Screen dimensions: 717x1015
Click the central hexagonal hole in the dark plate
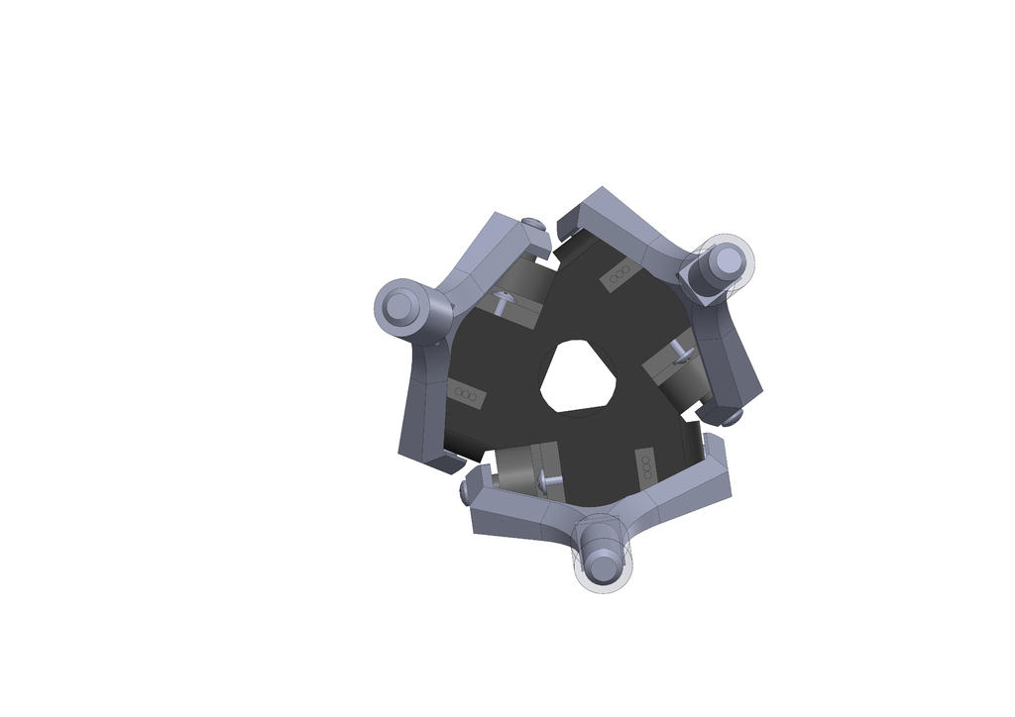click(x=579, y=376)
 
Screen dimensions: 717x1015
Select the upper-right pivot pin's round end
click(x=728, y=260)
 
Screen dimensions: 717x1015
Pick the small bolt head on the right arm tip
click(x=733, y=418)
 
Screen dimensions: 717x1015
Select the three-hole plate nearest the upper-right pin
click(x=620, y=276)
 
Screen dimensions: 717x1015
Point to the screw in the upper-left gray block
click(x=504, y=301)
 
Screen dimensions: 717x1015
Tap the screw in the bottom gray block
click(x=548, y=480)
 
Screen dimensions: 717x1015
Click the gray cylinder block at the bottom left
click(x=515, y=469)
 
